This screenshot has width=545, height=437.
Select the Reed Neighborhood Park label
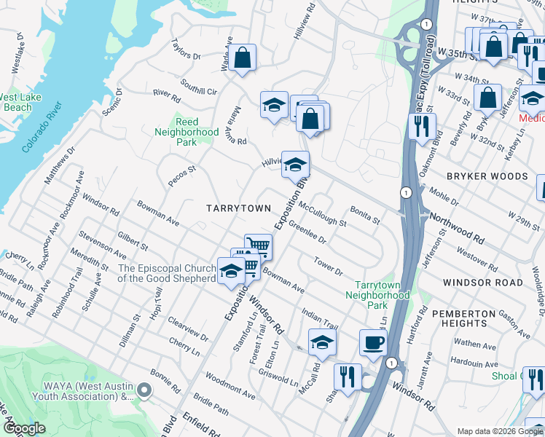(187, 132)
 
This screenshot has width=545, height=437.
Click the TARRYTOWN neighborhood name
(238, 208)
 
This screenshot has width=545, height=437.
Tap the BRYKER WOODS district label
(487, 176)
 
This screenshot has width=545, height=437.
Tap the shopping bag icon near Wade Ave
(243, 57)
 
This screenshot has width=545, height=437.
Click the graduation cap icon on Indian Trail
(322, 342)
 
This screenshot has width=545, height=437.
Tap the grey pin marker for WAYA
(144, 391)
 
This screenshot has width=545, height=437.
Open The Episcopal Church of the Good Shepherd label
(167, 273)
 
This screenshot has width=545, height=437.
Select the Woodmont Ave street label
(230, 385)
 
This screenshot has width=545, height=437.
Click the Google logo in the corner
(25, 428)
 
